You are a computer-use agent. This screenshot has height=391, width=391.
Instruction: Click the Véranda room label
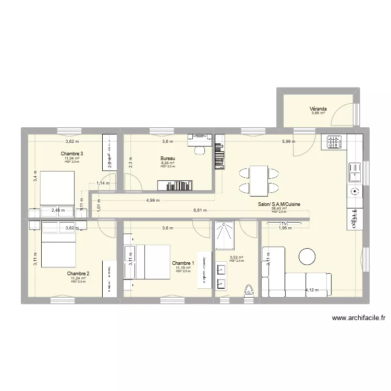(318, 109)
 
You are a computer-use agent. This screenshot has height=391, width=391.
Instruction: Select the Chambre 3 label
(72, 154)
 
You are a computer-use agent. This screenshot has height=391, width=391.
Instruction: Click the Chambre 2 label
(78, 273)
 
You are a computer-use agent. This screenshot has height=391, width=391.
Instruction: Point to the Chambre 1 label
(183, 263)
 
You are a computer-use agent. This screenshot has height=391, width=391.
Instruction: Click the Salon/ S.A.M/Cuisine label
(279, 205)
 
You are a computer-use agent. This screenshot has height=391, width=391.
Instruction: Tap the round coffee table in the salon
(307, 256)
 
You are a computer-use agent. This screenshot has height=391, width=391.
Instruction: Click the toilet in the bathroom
(249, 290)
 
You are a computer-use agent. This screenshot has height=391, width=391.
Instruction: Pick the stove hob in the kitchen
(334, 141)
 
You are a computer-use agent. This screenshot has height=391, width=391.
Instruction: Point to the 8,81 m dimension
(200, 211)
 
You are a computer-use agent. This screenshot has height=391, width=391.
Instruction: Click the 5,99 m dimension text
(288, 141)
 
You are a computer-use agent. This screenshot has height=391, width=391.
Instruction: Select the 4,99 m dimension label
(153, 200)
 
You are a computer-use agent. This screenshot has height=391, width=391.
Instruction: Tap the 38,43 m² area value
(279, 209)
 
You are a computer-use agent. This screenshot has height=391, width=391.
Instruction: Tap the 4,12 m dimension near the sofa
(312, 290)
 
